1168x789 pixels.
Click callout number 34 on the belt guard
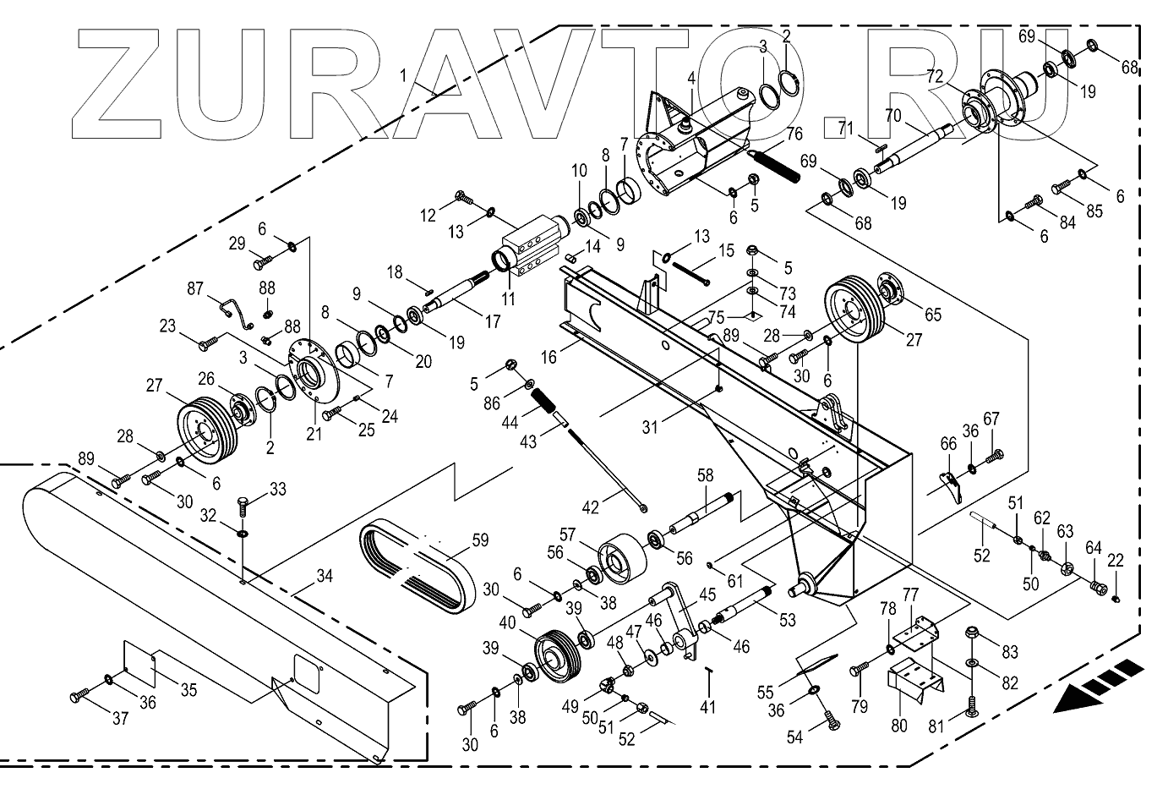tap(325, 577)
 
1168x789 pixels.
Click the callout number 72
tap(934, 76)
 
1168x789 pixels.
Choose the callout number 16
tap(549, 358)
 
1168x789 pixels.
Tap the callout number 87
tap(195, 289)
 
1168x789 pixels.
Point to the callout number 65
tap(932, 315)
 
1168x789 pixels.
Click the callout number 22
tap(1116, 560)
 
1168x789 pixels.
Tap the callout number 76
tap(794, 134)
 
